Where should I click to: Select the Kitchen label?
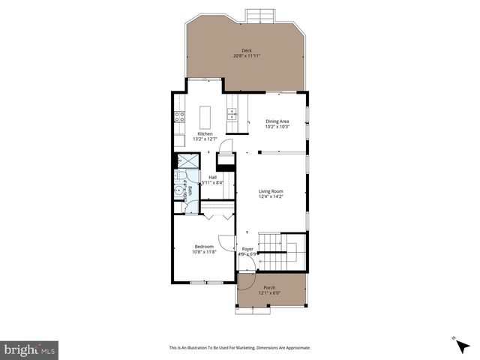coord(205,133)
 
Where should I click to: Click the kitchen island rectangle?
coord(205,117)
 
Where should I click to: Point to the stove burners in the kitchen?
coord(180,116)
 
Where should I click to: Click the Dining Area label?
coord(277,121)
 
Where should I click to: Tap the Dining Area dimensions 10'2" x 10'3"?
coord(277,127)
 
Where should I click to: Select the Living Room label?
coord(271,192)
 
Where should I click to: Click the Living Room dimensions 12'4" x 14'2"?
coord(271,197)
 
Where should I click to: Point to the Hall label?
coord(212,178)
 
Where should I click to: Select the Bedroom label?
coord(204,247)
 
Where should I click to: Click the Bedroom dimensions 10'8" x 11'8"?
coord(204,252)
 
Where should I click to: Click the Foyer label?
coord(247,248)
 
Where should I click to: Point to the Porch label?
coord(269,287)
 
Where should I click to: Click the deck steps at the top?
coord(260,15)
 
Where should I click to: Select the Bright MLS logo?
coord(30,349)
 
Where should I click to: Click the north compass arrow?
coord(455,340)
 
